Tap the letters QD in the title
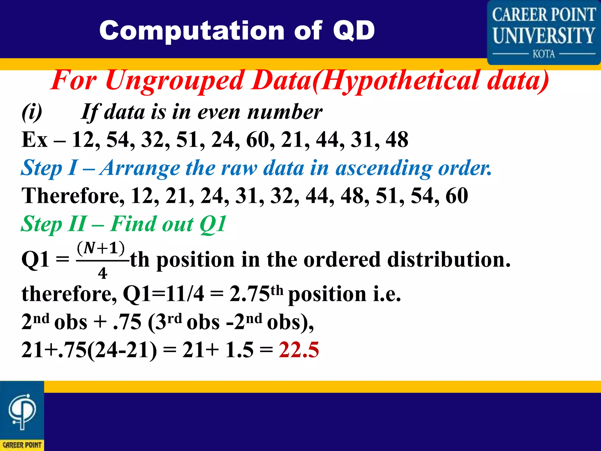[x=354, y=31]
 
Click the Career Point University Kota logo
[x=543, y=32]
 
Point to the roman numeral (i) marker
[x=32, y=112]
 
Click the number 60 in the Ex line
[x=258, y=140]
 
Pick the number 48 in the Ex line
[x=397, y=140]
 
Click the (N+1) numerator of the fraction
[x=101, y=248]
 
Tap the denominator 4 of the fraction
[x=102, y=273]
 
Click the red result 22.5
[x=299, y=350]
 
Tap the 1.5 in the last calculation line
[x=239, y=350]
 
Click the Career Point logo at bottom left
[x=22, y=416]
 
